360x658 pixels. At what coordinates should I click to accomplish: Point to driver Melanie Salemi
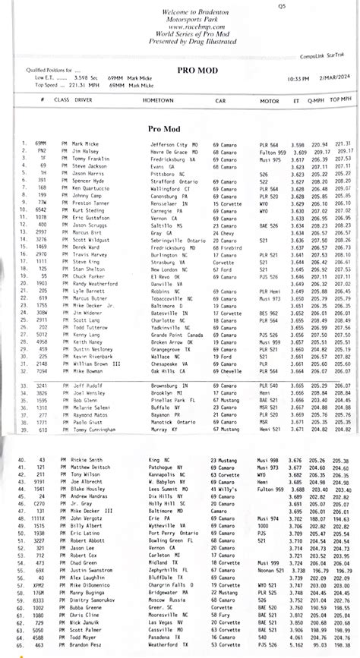pos(90,408)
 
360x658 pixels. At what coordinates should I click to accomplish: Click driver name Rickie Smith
pos(87,461)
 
